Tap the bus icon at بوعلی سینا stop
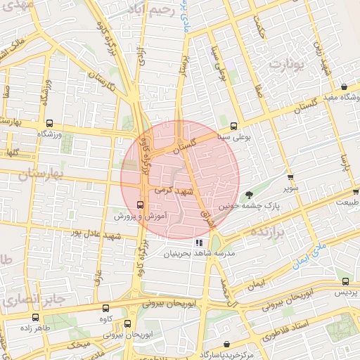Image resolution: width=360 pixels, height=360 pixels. coord(244,127)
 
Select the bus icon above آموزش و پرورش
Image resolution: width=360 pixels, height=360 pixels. coord(140,205)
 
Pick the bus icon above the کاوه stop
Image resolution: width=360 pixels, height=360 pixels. coord(106,308)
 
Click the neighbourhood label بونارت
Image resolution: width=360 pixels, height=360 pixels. coord(286,65)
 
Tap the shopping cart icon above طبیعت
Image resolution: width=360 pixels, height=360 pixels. coord(356,191)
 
